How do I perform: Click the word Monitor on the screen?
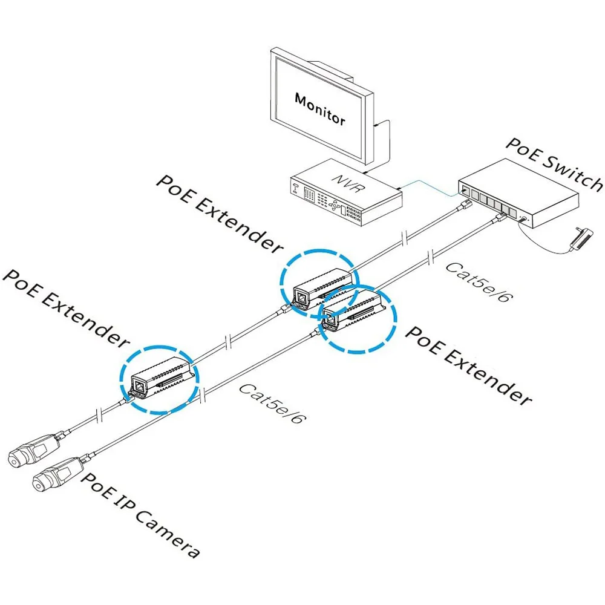click(x=320, y=108)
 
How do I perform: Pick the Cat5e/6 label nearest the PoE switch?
click(x=476, y=283)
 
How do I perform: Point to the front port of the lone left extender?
click(x=139, y=385)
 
